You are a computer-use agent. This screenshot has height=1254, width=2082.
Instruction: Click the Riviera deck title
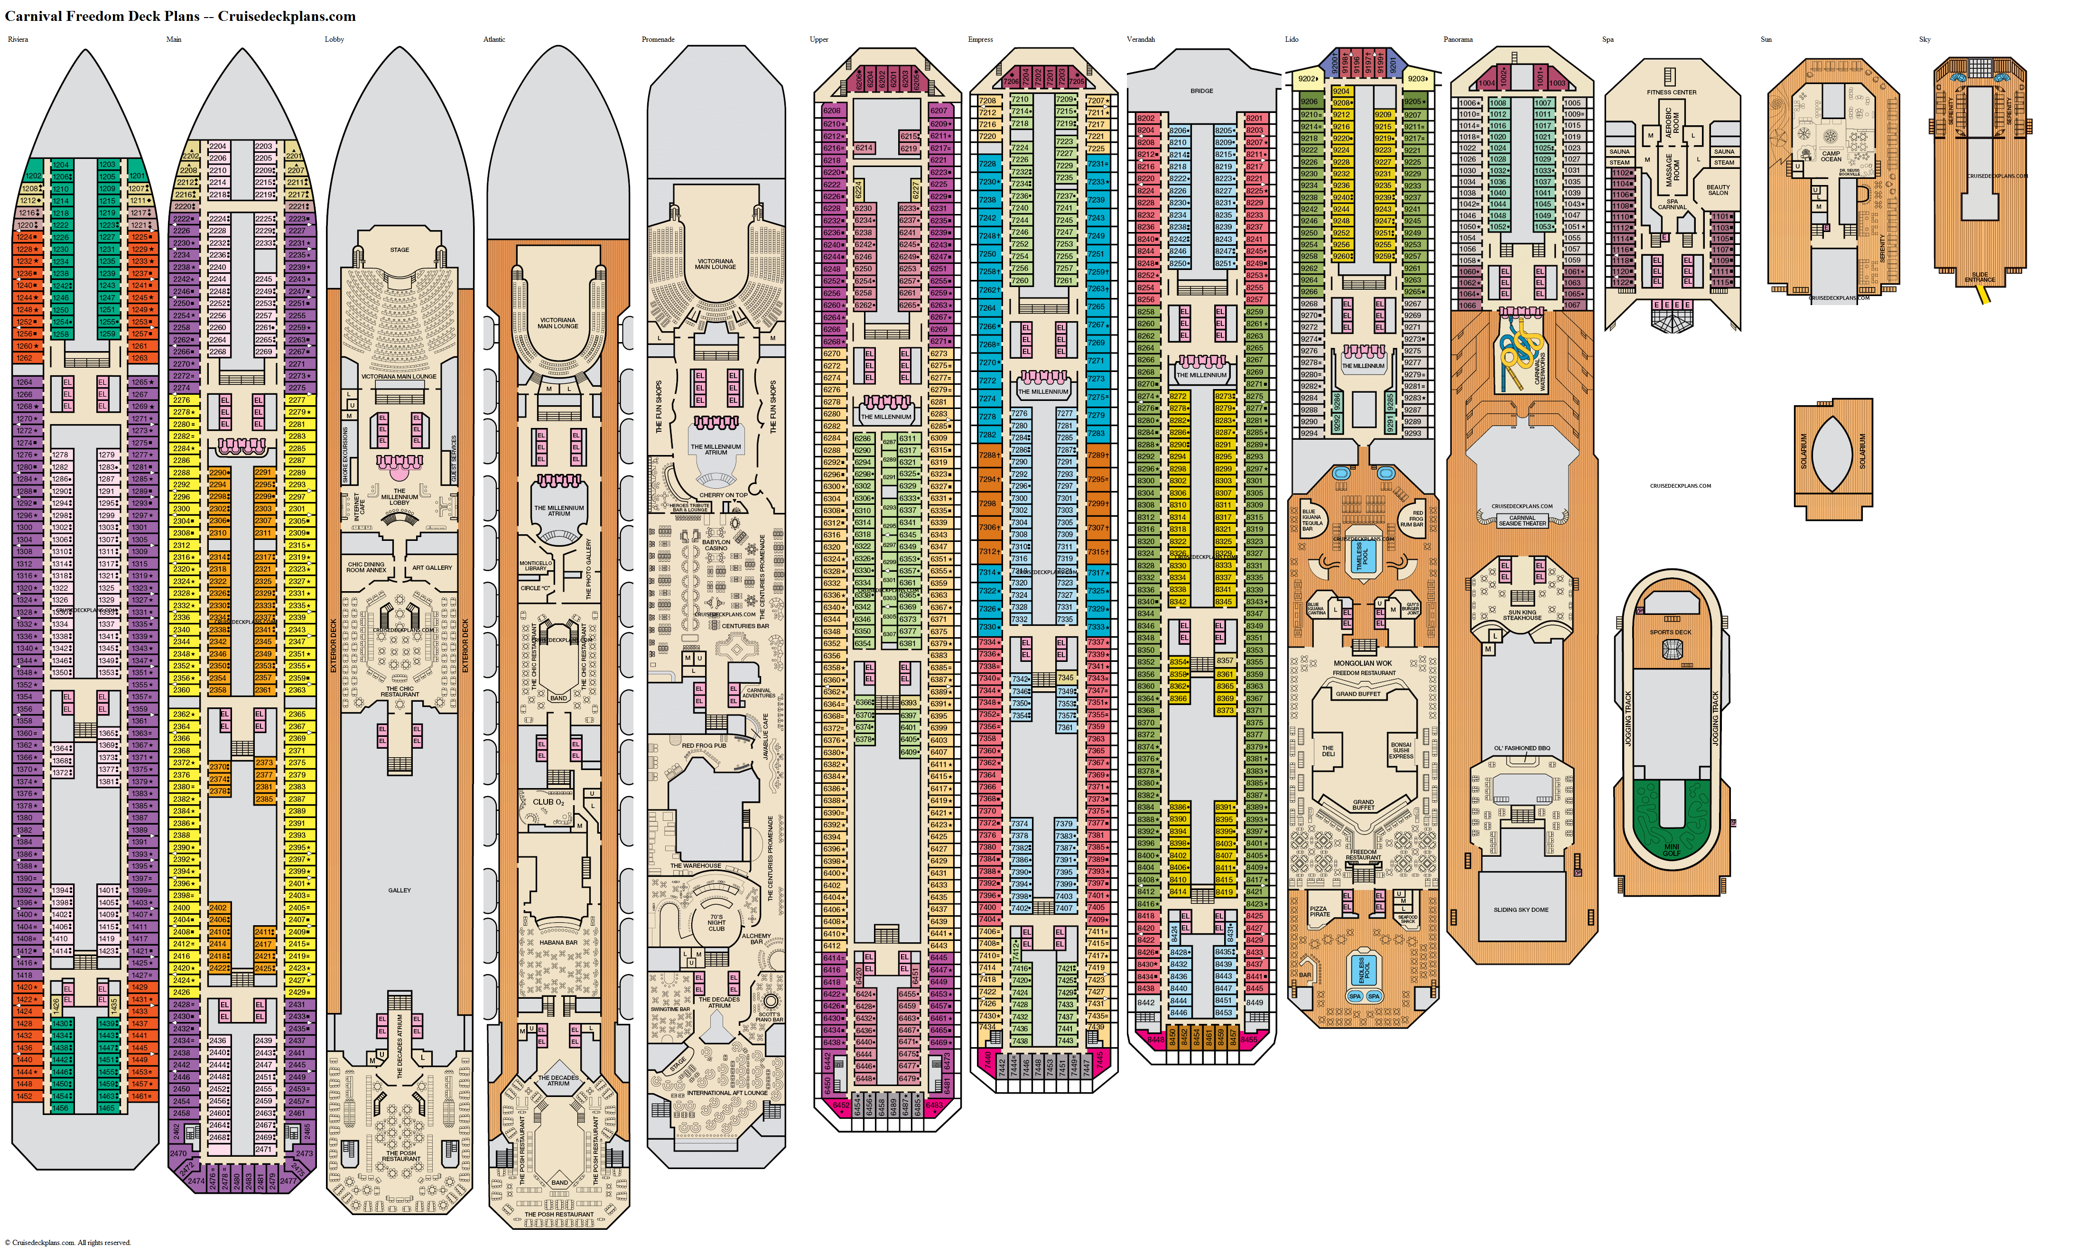pos(18,40)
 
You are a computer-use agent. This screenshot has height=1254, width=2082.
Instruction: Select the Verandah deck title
pos(1141,40)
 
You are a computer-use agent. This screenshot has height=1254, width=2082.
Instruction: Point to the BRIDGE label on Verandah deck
pos(1201,91)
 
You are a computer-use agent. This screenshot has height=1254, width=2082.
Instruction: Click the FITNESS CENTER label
pos(1672,92)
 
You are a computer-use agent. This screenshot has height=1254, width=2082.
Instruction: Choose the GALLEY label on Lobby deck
pos(400,890)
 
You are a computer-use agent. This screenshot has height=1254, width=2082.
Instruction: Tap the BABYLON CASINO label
pos(716,545)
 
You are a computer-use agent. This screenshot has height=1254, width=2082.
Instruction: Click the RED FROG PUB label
pos(704,745)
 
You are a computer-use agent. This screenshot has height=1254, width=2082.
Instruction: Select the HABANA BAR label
pos(558,942)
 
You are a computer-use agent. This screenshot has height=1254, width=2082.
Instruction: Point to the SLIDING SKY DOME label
pos(1521,910)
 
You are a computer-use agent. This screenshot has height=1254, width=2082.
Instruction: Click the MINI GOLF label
pos(1672,849)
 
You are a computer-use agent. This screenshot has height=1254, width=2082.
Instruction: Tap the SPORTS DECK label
pos(1671,632)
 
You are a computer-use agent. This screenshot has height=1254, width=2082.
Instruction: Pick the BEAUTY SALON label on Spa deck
pos(1718,190)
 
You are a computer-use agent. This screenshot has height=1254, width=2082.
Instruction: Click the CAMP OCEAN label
pos(1831,156)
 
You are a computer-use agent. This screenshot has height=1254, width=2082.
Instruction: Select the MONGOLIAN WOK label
pos(1362,663)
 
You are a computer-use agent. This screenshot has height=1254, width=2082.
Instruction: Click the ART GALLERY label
pos(432,568)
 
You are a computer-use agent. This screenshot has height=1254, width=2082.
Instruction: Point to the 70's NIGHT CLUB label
pos(716,923)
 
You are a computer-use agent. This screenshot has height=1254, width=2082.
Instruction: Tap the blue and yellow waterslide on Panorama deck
pos(1517,351)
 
